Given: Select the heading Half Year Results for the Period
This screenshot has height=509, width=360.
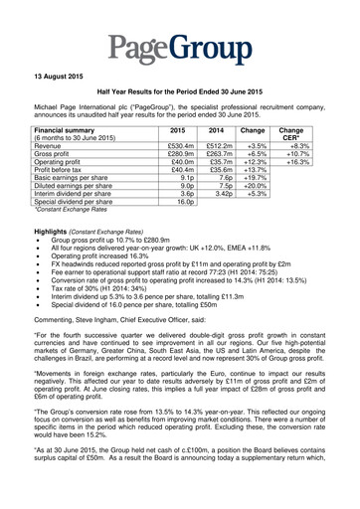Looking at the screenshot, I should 180,106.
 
